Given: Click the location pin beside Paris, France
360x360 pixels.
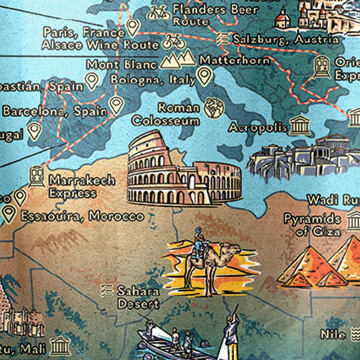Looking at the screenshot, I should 132,28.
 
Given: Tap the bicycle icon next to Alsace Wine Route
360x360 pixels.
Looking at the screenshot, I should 173,42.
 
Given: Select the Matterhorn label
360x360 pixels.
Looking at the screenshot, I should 235,60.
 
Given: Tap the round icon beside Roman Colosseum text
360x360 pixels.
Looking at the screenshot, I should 214,108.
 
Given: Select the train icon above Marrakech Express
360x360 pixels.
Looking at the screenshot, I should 36,176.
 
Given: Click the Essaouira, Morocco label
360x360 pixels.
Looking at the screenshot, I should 82,216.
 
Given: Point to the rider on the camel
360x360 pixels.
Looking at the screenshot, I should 198,243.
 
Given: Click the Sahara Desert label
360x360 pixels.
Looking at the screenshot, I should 138,297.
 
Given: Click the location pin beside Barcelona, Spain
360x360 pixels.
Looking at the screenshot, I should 116,105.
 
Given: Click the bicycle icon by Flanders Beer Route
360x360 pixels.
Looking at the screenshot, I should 159,13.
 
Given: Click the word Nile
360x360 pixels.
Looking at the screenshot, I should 333,334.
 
